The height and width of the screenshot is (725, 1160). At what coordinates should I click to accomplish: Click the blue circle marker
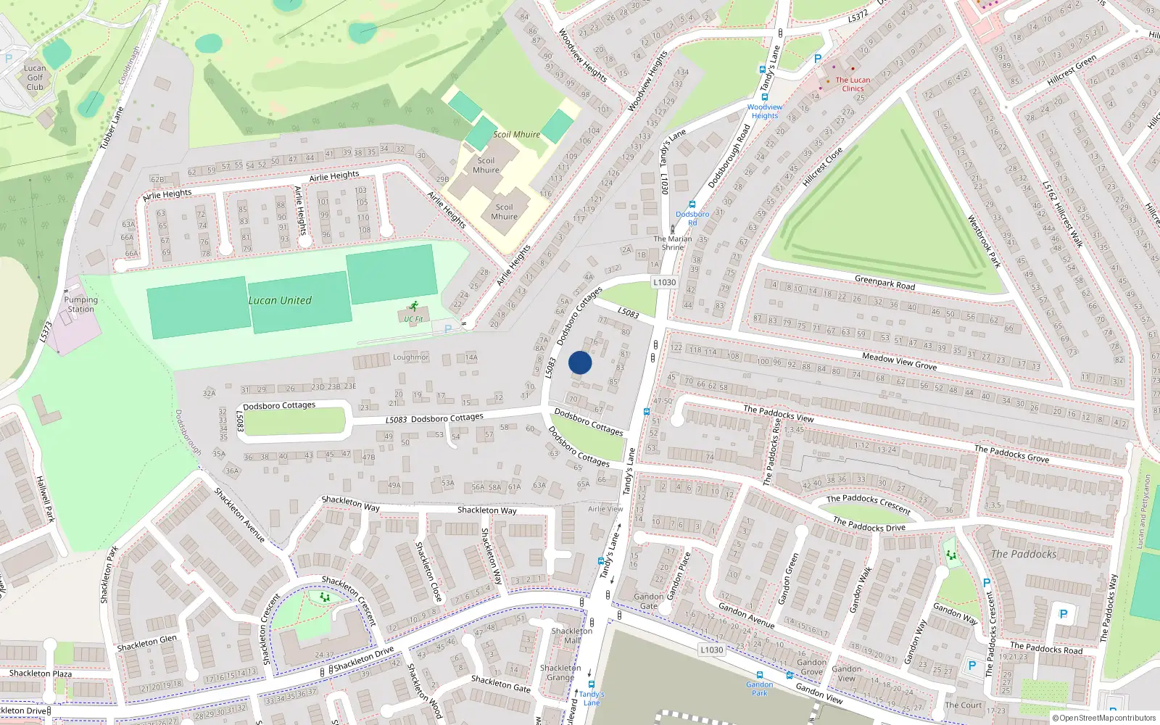(580, 362)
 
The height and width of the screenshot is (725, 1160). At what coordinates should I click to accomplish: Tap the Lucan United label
(280, 300)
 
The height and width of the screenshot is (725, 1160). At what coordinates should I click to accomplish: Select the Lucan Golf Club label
(35, 78)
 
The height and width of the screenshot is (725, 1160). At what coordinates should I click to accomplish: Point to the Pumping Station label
(80, 304)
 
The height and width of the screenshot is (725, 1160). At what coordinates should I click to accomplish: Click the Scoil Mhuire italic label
(516, 134)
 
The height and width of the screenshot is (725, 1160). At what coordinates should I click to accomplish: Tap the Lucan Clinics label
(853, 84)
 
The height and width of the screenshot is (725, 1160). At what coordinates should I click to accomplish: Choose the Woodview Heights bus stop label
(764, 111)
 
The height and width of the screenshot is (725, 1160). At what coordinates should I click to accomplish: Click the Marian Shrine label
(673, 243)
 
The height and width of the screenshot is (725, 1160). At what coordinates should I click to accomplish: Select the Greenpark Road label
(884, 283)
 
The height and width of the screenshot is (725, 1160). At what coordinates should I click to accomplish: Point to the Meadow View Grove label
(899, 361)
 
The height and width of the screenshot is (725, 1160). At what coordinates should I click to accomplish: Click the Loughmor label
(410, 357)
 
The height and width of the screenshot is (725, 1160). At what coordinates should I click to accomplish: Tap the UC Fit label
(413, 319)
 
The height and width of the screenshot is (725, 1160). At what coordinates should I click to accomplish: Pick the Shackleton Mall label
(572, 635)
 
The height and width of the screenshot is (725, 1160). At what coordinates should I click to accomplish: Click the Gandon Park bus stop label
(759, 688)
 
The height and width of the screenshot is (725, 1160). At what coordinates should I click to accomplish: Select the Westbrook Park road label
(984, 241)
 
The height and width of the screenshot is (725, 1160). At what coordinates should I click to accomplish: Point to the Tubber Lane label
(112, 128)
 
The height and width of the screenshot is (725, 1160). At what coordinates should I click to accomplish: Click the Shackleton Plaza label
(41, 673)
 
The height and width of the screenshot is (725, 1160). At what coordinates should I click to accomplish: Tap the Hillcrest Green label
(1072, 70)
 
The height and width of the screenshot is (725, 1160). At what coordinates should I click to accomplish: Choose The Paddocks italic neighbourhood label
(1024, 554)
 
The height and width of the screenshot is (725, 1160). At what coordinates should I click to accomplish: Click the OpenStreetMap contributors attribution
(1103, 718)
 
